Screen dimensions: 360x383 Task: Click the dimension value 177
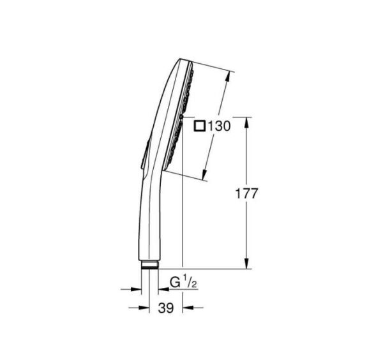(x=246, y=194)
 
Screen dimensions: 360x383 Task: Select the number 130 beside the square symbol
(x=218, y=126)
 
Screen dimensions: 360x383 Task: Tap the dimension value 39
(x=165, y=308)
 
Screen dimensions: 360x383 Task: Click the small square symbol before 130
(x=200, y=126)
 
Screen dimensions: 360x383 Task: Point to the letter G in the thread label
(x=174, y=281)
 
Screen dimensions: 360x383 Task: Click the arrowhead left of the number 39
(x=144, y=308)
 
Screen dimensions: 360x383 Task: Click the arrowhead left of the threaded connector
(x=135, y=289)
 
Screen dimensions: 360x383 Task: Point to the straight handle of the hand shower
(x=146, y=217)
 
